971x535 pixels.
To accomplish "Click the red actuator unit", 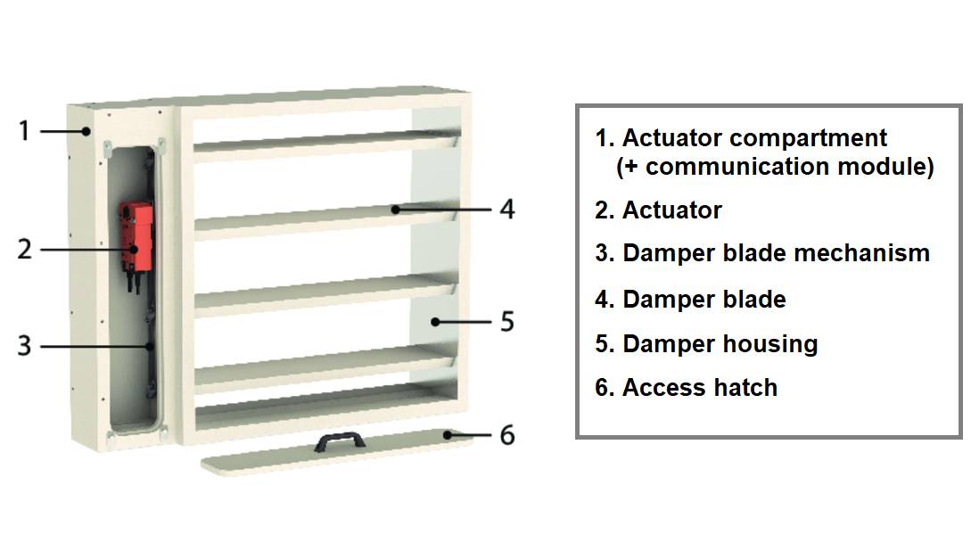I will pos(136,235).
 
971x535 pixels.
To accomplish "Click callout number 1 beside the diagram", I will pos(24,130).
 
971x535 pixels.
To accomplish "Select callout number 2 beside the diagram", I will pos(24,249).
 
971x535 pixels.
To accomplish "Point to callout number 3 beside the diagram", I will pos(24,345).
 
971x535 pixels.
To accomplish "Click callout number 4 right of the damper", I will pos(506,209).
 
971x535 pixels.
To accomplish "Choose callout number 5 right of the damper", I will pos(506,321).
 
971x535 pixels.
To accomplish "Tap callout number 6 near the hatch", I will pos(506,435).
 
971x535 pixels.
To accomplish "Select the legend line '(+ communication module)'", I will pos(774,167).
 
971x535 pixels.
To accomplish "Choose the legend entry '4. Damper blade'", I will pos(690,300).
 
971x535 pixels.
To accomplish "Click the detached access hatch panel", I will pos(267,459).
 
